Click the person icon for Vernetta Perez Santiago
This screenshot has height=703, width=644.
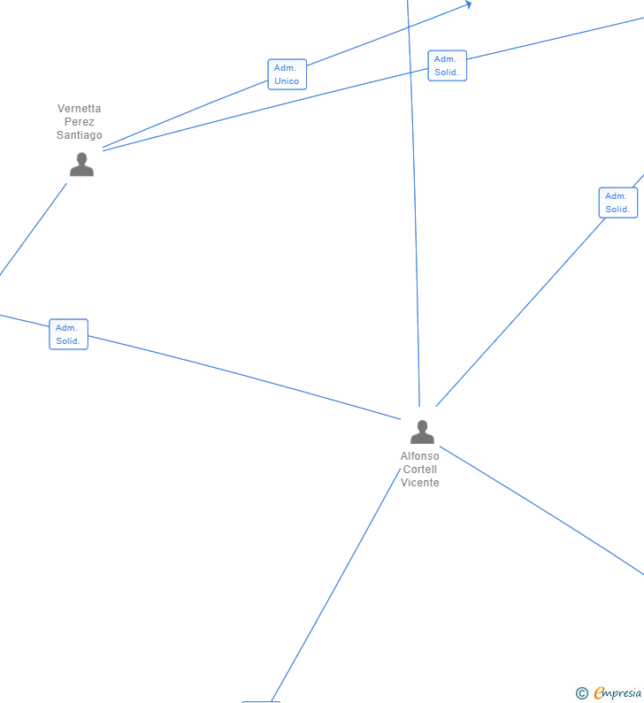coord(81,164)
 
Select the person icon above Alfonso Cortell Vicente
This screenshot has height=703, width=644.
coord(422,432)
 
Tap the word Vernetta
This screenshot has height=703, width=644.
coord(80,109)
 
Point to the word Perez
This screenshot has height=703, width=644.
coord(80,122)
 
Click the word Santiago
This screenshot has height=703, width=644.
coord(80,135)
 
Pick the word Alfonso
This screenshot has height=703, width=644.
coord(419,456)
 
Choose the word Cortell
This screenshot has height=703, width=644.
coord(419,470)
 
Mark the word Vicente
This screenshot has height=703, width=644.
coord(419,483)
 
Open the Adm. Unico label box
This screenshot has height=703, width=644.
coord(287,74)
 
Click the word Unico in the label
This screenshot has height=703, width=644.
coord(287,81)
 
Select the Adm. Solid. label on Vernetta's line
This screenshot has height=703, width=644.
coord(447,65)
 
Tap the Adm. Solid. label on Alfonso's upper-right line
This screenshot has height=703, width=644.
coord(617,202)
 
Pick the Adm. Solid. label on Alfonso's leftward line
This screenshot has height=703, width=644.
coord(68,334)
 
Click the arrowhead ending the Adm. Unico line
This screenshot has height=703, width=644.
coord(468,4)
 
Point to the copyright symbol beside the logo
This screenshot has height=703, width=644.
coord(581,693)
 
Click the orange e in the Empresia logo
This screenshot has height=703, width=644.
coord(599,693)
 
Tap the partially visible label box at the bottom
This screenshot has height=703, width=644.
coord(261,701)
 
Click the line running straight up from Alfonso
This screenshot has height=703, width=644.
coord(413,221)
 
